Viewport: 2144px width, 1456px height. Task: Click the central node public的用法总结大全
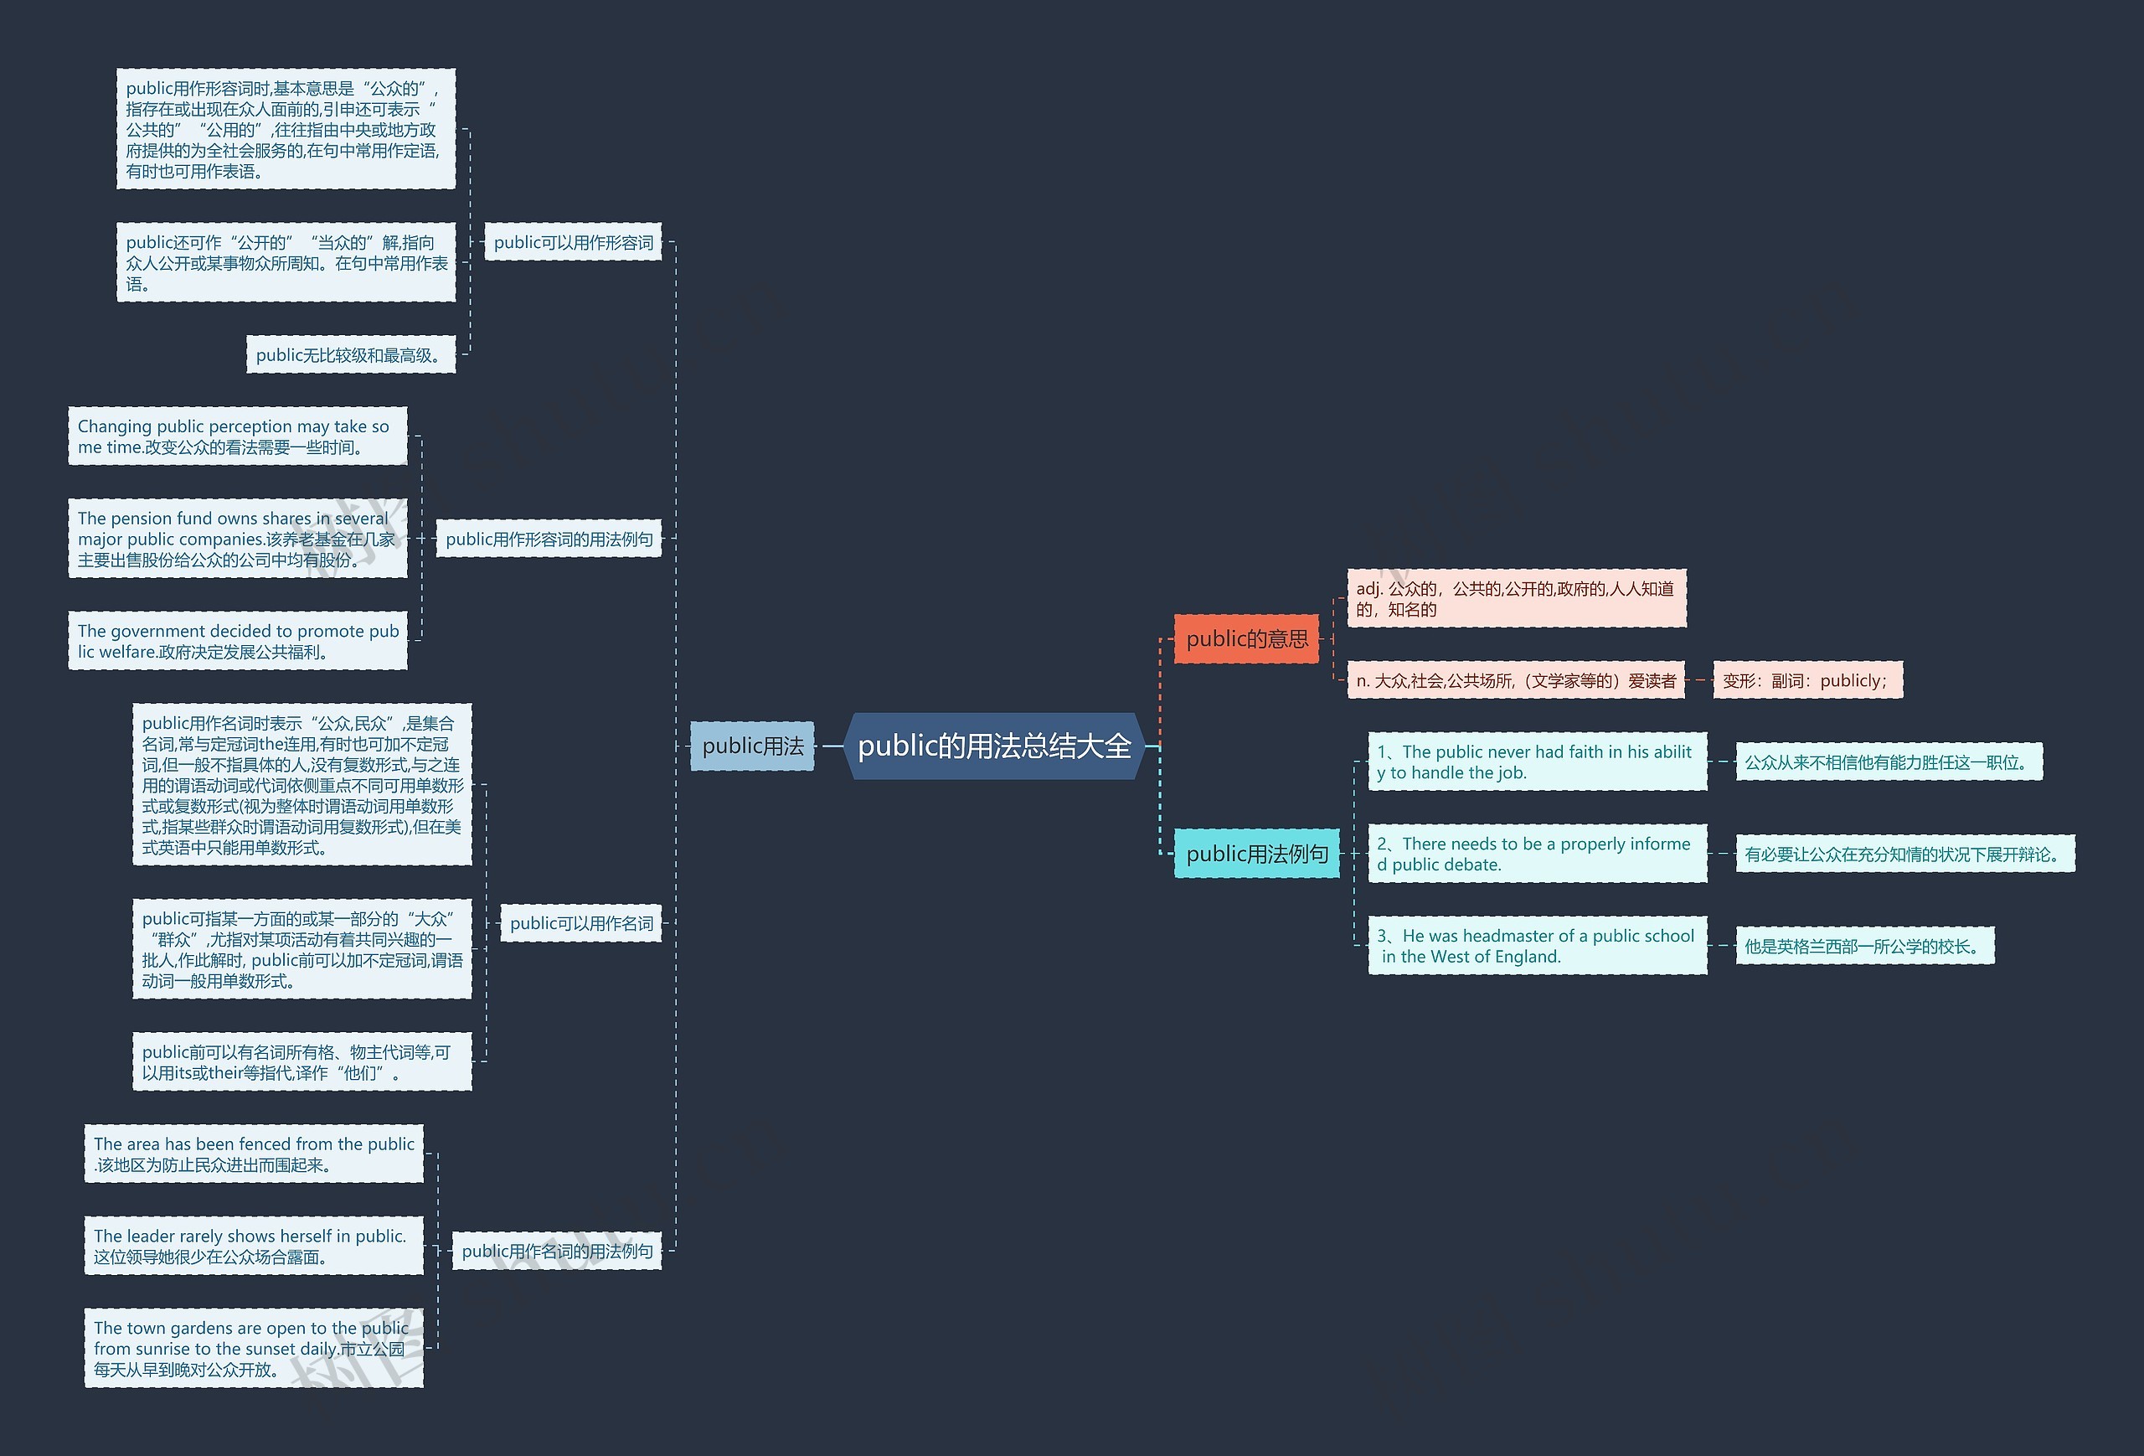[993, 746]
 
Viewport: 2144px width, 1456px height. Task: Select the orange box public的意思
[1245, 638]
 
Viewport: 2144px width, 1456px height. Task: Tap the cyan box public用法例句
[1256, 854]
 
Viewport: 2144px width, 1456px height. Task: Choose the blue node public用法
[752, 746]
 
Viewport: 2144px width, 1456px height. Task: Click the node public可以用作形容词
[573, 243]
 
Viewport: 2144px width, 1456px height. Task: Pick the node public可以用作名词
[581, 922]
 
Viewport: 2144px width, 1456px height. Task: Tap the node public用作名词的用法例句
[556, 1251]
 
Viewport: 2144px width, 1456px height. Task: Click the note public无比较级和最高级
[351, 355]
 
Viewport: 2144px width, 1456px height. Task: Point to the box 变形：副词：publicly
[1806, 681]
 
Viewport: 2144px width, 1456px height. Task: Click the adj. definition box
[1516, 599]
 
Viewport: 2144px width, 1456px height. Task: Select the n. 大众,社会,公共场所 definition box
[1515, 681]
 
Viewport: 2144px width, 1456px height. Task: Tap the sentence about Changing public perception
[237, 436]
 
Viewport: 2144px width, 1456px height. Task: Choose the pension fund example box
[237, 539]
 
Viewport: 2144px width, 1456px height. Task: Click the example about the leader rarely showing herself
[253, 1246]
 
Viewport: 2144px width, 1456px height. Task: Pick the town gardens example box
[253, 1348]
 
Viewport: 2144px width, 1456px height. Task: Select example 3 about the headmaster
[1537, 946]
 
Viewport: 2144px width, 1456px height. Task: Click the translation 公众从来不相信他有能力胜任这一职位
[1888, 762]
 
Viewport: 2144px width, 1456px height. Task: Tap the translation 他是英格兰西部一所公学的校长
[1863, 946]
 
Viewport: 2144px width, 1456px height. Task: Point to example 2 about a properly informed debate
[1537, 854]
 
